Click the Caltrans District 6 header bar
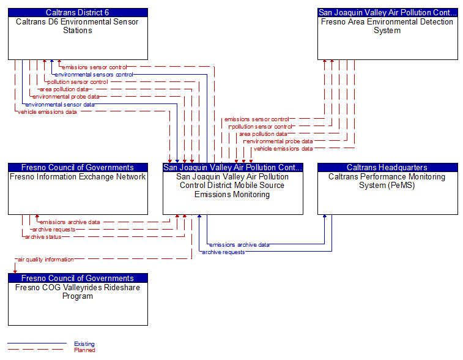click(x=78, y=12)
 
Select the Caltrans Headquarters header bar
click(x=387, y=167)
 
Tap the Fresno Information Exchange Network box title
click(x=78, y=177)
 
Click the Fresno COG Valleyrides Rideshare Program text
click(x=78, y=292)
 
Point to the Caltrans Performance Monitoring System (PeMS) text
click(x=387, y=181)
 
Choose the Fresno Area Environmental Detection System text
click(x=387, y=26)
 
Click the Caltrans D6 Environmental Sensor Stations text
click(x=78, y=26)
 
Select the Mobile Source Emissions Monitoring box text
click(x=232, y=186)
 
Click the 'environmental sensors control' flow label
click(x=94, y=75)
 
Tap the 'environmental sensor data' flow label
click(x=60, y=104)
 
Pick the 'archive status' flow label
click(x=43, y=237)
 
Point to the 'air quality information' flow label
click(x=46, y=260)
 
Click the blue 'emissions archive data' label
click(x=239, y=244)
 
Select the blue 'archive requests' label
click(x=223, y=252)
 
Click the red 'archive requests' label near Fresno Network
click(x=54, y=230)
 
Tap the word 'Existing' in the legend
click(x=84, y=344)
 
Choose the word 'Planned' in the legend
click(x=84, y=350)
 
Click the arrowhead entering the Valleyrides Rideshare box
click(x=15, y=271)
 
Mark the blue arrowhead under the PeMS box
click(x=325, y=217)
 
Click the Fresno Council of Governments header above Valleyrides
click(x=78, y=278)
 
